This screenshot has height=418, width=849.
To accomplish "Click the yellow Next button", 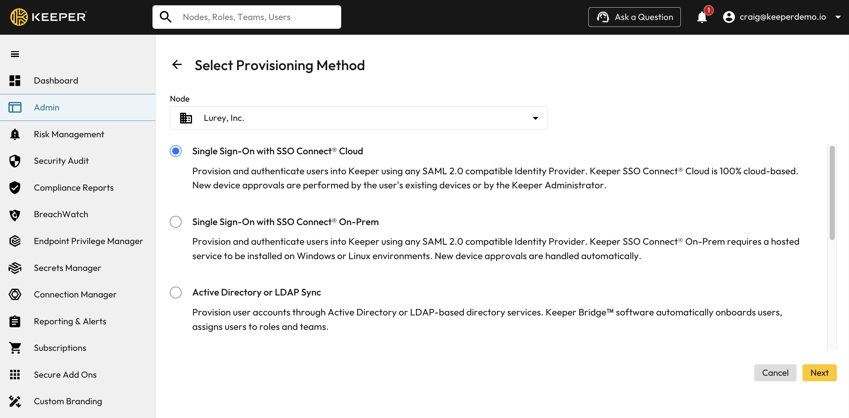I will pos(819,373).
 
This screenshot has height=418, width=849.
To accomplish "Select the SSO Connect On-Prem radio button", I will pos(176,222).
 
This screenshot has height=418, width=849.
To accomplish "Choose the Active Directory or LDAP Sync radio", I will pos(176,293).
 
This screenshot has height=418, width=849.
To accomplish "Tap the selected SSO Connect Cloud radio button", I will pos(176,151).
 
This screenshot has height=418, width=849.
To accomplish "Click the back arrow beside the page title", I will pos(177,65).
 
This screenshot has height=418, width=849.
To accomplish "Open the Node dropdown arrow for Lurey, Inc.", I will pos(535,118).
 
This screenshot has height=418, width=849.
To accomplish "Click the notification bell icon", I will pos(702,17).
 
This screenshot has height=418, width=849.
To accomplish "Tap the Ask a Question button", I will pos(634,17).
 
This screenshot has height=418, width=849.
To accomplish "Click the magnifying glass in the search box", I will pos(166,17).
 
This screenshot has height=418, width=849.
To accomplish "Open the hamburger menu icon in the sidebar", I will pos(15,54).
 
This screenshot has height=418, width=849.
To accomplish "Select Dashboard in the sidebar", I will pos(56,81).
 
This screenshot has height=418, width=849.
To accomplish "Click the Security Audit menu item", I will pos(61,161).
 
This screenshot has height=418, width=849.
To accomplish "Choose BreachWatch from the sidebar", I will pos(61,215).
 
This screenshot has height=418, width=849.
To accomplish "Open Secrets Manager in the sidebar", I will pos(67,268).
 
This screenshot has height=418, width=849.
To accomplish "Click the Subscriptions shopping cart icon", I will pos(15,348).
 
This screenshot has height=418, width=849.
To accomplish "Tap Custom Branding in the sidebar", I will pos(68,401).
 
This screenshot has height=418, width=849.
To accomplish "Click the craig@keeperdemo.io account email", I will pos(782,17).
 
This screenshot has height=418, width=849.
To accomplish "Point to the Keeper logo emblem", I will pos(19,17).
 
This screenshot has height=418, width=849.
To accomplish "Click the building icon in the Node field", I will pos(186,118).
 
